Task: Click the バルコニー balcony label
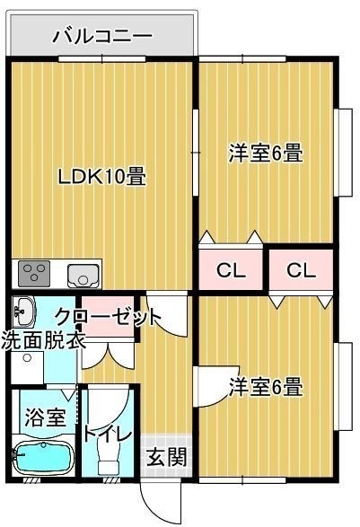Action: point(102,36)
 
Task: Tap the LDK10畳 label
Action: point(102,176)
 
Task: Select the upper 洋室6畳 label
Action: point(266,154)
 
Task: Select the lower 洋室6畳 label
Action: point(266,387)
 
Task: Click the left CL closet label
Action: point(231,270)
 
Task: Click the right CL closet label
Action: point(302,270)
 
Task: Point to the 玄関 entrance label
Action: point(167,457)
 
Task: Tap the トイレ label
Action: point(107,435)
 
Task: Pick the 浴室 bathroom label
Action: point(46,417)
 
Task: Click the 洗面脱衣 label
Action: point(43,340)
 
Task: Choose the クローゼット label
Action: point(108,317)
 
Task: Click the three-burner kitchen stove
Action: point(34,274)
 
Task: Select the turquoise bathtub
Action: point(42,459)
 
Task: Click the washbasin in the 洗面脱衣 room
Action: point(24,311)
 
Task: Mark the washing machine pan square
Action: point(27,367)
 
